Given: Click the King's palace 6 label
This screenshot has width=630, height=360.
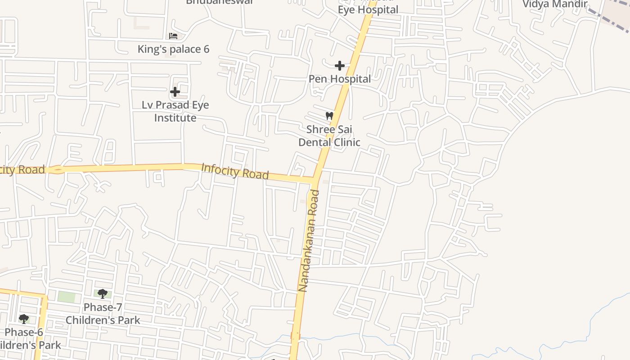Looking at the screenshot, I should pos(173,49).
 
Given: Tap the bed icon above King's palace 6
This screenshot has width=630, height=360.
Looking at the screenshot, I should pos(173,36).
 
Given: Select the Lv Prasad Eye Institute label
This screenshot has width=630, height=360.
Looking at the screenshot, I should pos(175,111).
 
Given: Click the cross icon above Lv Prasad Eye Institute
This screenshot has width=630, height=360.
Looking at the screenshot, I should pos(175,92).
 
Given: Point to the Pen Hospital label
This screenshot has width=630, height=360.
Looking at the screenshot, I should pos(340,79).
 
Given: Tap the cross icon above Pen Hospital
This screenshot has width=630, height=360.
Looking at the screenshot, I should pos(340,66).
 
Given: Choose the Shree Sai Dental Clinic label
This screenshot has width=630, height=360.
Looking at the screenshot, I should pos(329,136).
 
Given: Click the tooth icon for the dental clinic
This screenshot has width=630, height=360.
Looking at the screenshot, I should pos(329,116).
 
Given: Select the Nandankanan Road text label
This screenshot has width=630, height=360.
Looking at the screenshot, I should pos(309,241).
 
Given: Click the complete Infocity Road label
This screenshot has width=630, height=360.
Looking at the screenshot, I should pos(235,171).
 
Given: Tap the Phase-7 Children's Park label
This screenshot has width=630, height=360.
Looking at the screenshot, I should pos(103,314).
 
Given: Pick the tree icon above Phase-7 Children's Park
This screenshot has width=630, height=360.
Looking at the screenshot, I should pos(103,294).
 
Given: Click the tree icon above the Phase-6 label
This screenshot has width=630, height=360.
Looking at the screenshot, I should pos(24,319).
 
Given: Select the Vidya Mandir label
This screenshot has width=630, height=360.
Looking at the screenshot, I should pos(555,4).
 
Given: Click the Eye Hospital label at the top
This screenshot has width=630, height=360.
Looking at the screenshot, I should pos(368,9).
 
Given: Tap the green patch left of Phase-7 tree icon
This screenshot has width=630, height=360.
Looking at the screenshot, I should pos(67,297).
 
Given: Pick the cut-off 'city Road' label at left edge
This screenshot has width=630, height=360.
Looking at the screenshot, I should pos(22,170).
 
